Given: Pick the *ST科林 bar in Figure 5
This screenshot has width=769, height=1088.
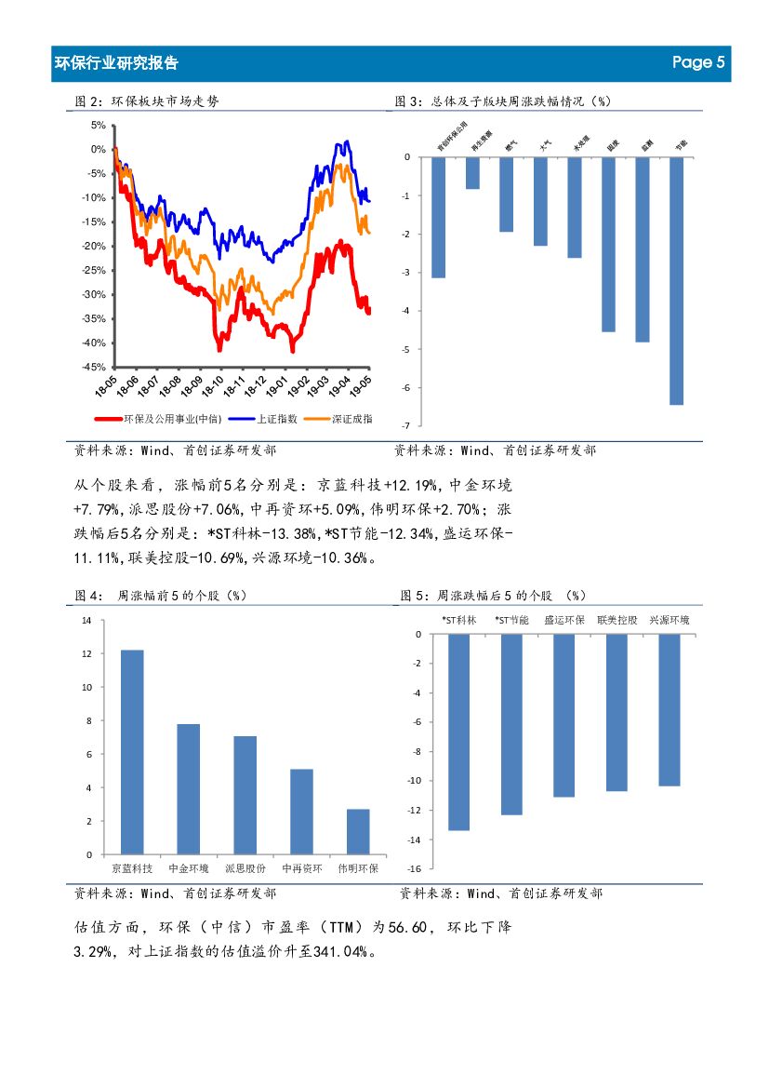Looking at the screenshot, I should (x=458, y=732).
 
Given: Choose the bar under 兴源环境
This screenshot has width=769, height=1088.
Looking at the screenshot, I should (x=669, y=709).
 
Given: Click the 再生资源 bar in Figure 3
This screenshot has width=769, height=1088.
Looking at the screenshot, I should (x=472, y=173).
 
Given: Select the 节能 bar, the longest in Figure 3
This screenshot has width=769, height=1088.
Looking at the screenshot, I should (x=676, y=280).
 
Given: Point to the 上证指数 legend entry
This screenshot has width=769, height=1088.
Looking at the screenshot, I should (x=265, y=420).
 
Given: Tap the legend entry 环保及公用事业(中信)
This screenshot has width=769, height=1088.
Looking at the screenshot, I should (x=155, y=420).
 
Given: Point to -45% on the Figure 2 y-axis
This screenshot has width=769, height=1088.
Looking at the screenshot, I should (x=93, y=367).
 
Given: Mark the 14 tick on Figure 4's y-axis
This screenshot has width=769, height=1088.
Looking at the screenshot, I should (x=86, y=620).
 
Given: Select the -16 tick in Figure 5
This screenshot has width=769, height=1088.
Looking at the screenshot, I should (x=415, y=868).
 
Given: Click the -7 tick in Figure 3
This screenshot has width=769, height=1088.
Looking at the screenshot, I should (x=406, y=425).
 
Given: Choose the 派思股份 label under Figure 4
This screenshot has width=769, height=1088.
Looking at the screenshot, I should (x=245, y=868).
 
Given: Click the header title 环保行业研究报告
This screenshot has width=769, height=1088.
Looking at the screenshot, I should (x=117, y=63).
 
